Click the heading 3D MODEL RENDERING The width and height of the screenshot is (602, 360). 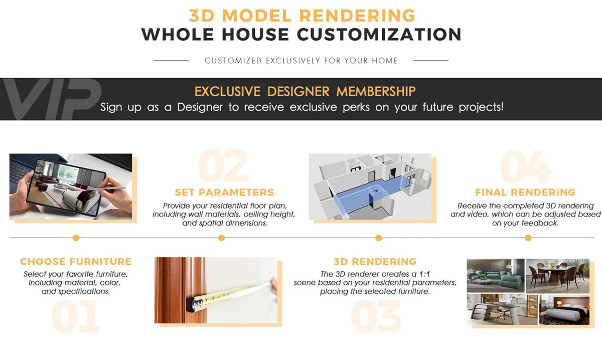[302, 15]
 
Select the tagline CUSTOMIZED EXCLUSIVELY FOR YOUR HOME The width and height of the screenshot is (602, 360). [301, 61]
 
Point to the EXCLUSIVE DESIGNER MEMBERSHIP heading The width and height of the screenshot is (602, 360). [305, 91]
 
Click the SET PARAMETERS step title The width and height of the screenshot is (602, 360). [224, 192]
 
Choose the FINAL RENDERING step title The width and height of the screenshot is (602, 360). [525, 192]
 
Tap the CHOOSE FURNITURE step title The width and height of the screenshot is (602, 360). [76, 261]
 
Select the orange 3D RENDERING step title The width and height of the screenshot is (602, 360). [375, 261]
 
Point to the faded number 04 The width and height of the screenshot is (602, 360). [525, 166]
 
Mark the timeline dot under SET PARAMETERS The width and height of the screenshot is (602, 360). [221, 238]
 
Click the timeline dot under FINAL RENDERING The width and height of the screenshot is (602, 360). [528, 238]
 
